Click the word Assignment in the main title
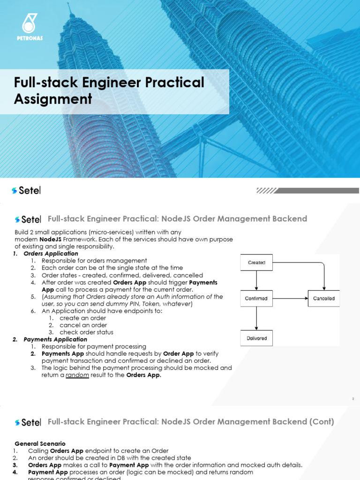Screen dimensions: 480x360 [52, 99]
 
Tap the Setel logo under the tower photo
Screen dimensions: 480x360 [26, 190]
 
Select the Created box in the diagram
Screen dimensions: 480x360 [256, 262]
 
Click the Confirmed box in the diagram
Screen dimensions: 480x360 [256, 299]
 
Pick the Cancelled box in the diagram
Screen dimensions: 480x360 [324, 299]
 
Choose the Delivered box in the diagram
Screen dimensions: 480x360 [256, 338]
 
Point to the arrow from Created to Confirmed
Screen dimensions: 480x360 [256, 281]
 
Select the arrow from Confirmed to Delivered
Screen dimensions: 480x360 [256, 318]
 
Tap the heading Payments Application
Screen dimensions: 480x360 [55, 339]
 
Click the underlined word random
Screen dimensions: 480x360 [77, 375]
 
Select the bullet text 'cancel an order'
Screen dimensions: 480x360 [83, 325]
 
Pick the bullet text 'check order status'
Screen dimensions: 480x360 [87, 332]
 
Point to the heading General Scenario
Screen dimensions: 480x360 [40, 443]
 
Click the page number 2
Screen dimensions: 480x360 [353, 399]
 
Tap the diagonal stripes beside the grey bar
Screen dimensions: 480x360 [266, 191]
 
